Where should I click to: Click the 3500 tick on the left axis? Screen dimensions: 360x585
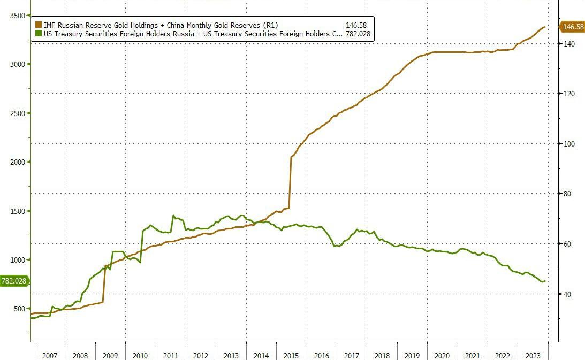[x=17, y=16]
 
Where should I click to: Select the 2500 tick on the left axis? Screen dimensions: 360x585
[x=17, y=113]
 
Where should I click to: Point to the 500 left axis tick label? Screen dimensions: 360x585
[x=19, y=309]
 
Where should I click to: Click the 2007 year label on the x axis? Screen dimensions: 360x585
[x=49, y=356]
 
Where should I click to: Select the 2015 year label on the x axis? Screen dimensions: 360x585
[x=291, y=356]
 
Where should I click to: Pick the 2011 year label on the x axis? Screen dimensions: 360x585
[x=170, y=356]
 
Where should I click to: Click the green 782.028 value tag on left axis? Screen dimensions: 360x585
[x=14, y=281]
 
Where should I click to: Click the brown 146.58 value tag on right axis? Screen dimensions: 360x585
[x=572, y=26]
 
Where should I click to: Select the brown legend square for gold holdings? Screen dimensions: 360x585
[x=39, y=25]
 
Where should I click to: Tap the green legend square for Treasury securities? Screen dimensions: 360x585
[x=39, y=34]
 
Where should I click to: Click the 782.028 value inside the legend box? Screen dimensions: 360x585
[x=359, y=34]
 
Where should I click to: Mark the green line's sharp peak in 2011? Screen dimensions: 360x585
[x=173, y=216]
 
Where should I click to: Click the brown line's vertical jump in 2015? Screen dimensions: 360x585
[x=290, y=182]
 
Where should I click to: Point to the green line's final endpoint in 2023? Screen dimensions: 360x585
[x=544, y=281]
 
